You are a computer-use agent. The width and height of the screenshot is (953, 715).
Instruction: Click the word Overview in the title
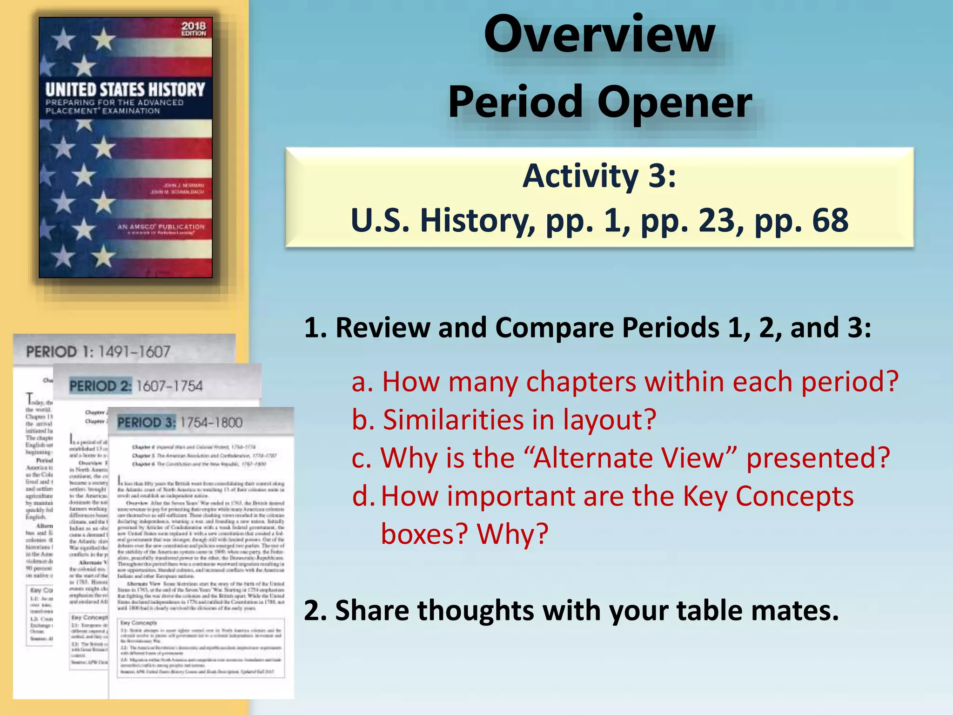coord(599,35)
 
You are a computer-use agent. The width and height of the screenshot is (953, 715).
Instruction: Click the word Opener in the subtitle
coord(674,103)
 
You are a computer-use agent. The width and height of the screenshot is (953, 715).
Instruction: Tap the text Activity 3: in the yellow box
coord(599,176)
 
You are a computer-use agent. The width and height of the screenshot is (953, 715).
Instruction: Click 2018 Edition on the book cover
coord(194,29)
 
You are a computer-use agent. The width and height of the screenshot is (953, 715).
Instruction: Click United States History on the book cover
coord(125,90)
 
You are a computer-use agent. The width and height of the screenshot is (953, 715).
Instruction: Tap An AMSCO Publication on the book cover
coord(161,227)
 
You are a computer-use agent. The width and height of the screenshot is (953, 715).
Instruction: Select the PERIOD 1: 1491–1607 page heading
coord(98,352)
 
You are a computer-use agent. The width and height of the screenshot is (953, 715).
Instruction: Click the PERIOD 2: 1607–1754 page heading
coord(136,386)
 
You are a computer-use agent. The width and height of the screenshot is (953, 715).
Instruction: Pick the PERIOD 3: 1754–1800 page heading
coord(180,423)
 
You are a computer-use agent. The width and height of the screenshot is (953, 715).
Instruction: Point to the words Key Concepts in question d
coord(768,496)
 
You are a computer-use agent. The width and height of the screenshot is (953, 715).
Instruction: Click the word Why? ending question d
coord(513,534)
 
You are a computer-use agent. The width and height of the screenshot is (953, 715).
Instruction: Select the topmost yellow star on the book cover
coord(104,38)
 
